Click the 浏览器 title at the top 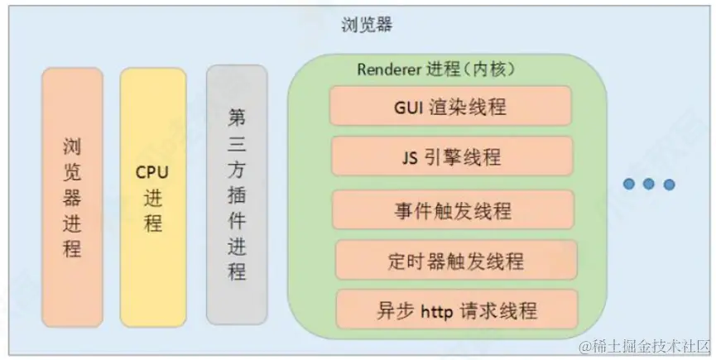[367, 25]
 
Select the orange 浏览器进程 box [73, 197]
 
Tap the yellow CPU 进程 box [153, 197]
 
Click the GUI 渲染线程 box [450, 106]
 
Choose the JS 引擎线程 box [452, 157]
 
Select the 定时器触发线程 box [455, 261]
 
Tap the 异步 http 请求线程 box [455, 310]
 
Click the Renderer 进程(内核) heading [437, 70]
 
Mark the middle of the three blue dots [649, 184]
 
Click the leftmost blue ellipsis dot [630, 184]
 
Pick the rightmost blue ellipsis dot [669, 184]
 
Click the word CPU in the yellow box [152, 175]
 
